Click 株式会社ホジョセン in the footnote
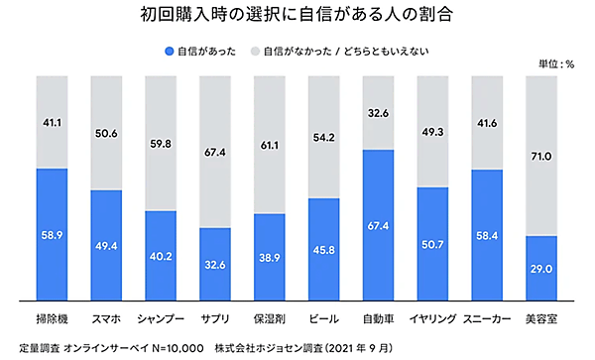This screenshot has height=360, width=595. [x=264, y=348]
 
